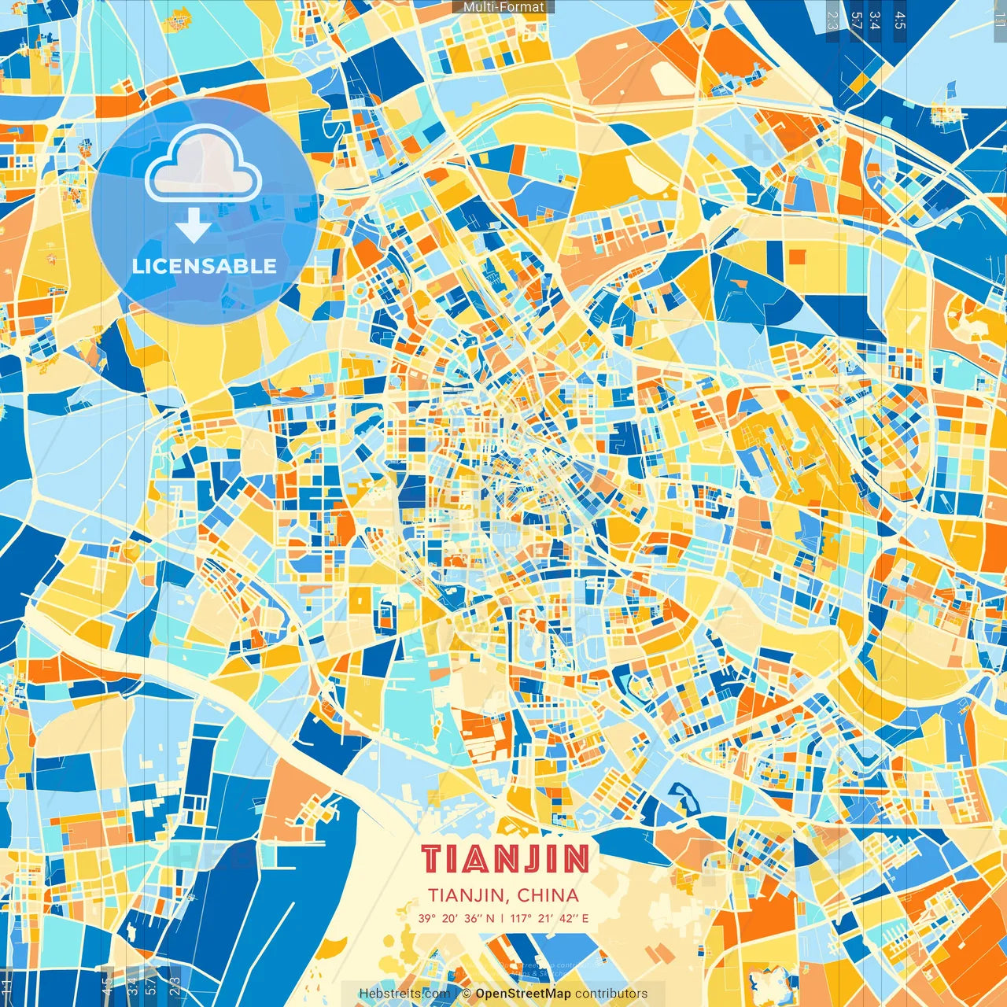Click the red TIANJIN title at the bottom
point(504,859)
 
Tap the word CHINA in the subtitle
point(548,895)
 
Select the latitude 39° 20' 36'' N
point(456,918)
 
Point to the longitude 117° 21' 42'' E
point(549,918)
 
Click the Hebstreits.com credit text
point(404,994)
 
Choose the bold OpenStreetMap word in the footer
point(523,994)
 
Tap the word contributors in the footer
point(611,994)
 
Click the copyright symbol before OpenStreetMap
point(466,994)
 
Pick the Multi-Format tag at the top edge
point(503,7)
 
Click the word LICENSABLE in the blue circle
point(205,266)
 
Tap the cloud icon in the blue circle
point(203,163)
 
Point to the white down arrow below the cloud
point(193,227)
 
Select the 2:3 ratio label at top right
point(832,20)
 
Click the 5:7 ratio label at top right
point(856,20)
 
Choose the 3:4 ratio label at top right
point(875,20)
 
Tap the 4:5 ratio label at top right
point(899,20)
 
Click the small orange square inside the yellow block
point(797,256)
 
